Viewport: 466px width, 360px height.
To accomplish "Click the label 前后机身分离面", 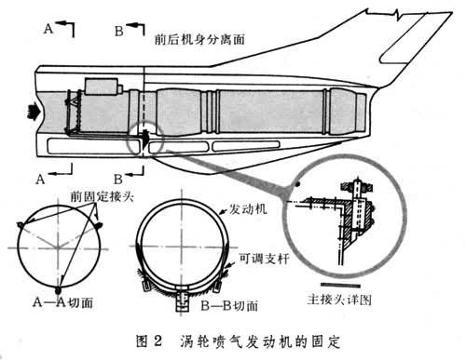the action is click(x=199, y=39).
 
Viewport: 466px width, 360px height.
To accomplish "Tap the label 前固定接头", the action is click(x=102, y=196).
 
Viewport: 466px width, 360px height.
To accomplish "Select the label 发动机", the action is click(x=248, y=209).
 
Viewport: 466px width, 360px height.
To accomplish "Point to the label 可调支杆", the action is click(x=264, y=259).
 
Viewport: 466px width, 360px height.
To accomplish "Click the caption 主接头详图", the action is click(x=339, y=300).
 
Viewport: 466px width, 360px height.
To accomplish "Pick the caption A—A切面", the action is click(x=62, y=302).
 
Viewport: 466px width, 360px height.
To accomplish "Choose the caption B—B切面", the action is click(x=229, y=306).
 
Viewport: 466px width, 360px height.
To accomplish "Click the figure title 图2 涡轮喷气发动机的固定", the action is click(x=239, y=342).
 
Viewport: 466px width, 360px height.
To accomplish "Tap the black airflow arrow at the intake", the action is click(x=33, y=112).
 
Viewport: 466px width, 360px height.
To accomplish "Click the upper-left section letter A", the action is click(x=48, y=29).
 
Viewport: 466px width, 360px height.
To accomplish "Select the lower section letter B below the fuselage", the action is click(x=118, y=180).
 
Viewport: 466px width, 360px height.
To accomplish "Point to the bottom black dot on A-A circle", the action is click(x=58, y=290).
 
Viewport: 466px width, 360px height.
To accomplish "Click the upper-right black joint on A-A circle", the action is click(x=99, y=225).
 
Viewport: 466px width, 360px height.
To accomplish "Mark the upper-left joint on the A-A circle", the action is click(x=21, y=224).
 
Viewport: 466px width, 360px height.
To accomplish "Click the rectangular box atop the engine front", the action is click(x=102, y=87).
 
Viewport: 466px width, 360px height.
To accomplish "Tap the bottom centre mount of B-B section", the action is click(x=182, y=300).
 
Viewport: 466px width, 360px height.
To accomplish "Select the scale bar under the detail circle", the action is click(x=340, y=285).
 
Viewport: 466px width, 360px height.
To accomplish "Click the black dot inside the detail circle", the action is click(x=298, y=184).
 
